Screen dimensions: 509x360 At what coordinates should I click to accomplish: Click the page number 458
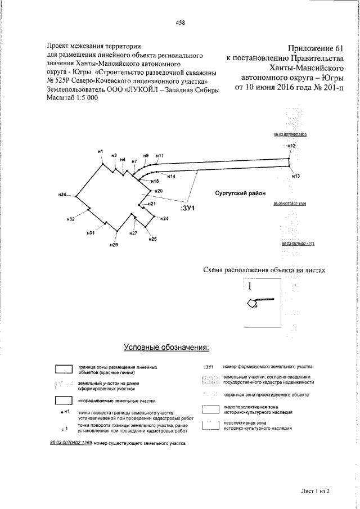pos(180,22)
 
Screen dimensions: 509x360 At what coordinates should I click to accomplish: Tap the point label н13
pos(296,176)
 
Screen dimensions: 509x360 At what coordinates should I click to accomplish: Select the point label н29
pos(114,245)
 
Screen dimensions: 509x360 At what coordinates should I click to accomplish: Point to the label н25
pos(152,240)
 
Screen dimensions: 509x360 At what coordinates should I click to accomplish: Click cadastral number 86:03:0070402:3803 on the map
pos(289,135)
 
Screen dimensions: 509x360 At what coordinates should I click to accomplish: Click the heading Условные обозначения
pos(166,347)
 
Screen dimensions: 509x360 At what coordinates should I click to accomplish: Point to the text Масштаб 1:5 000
pos(71,97)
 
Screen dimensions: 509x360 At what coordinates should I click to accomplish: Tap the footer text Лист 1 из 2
pos(314,490)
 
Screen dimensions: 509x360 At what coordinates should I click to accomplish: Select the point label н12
pos(291,146)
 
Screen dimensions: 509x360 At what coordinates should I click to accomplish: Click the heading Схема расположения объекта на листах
pos(264,271)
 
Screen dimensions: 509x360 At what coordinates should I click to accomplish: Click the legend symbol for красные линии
pos(64,369)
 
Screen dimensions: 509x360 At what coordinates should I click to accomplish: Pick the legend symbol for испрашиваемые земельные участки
pos(64,401)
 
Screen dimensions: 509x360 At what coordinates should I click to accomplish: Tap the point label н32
pos(70,219)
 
